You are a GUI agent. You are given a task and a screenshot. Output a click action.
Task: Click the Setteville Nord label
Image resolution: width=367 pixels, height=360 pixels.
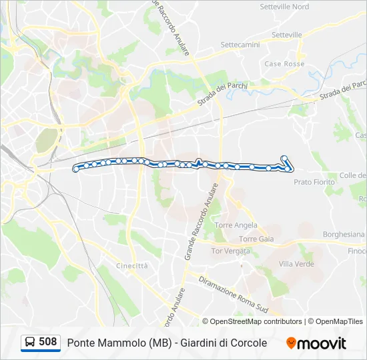284,7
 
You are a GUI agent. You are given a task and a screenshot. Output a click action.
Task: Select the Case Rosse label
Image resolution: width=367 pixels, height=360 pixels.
284,64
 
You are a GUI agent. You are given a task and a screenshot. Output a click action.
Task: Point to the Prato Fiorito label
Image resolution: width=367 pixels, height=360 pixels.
314,181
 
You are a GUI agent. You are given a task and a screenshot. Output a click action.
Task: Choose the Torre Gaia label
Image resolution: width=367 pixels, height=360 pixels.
256,239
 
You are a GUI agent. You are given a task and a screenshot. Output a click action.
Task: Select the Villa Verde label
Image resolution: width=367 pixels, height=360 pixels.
296,264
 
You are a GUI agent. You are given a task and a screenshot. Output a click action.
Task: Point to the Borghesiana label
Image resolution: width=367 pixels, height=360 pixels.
344,235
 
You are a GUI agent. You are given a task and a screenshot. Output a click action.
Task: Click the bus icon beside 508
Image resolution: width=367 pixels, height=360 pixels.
30,343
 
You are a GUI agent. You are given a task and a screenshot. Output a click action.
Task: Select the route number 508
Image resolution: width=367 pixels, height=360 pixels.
48,342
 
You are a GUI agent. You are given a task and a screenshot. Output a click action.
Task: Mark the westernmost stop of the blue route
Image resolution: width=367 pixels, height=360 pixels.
76,169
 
